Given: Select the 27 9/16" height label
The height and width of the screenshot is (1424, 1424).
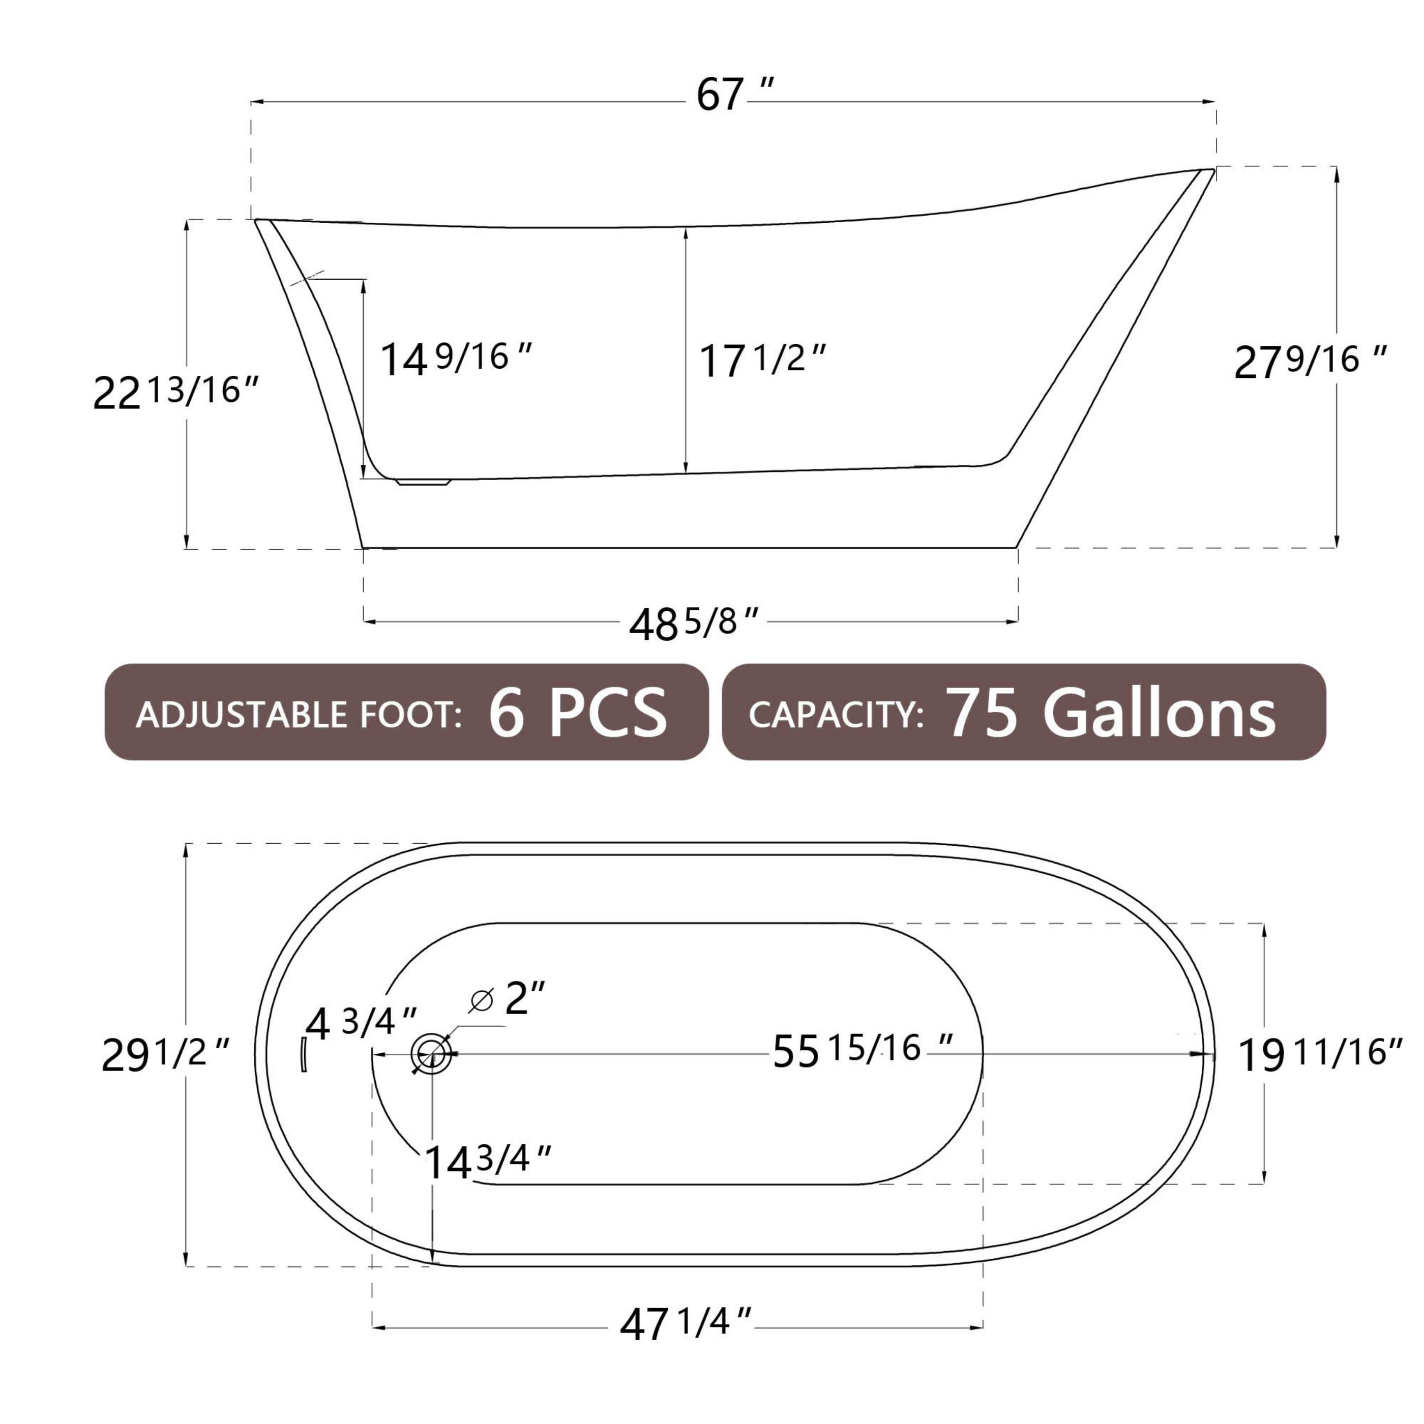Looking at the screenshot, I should click(x=1309, y=362).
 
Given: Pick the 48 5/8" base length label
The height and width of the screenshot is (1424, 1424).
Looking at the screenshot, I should click(x=693, y=624).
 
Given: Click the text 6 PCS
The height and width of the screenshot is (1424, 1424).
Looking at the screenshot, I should click(x=577, y=713).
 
